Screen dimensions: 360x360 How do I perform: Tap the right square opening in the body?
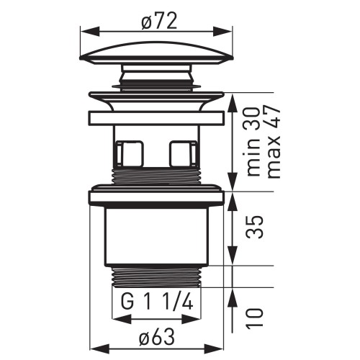183,153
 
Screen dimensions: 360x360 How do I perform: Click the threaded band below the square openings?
156,179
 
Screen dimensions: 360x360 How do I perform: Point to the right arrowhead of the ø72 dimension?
230,31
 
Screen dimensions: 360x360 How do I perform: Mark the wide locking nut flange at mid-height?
156,197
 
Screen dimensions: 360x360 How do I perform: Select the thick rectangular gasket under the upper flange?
156,118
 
